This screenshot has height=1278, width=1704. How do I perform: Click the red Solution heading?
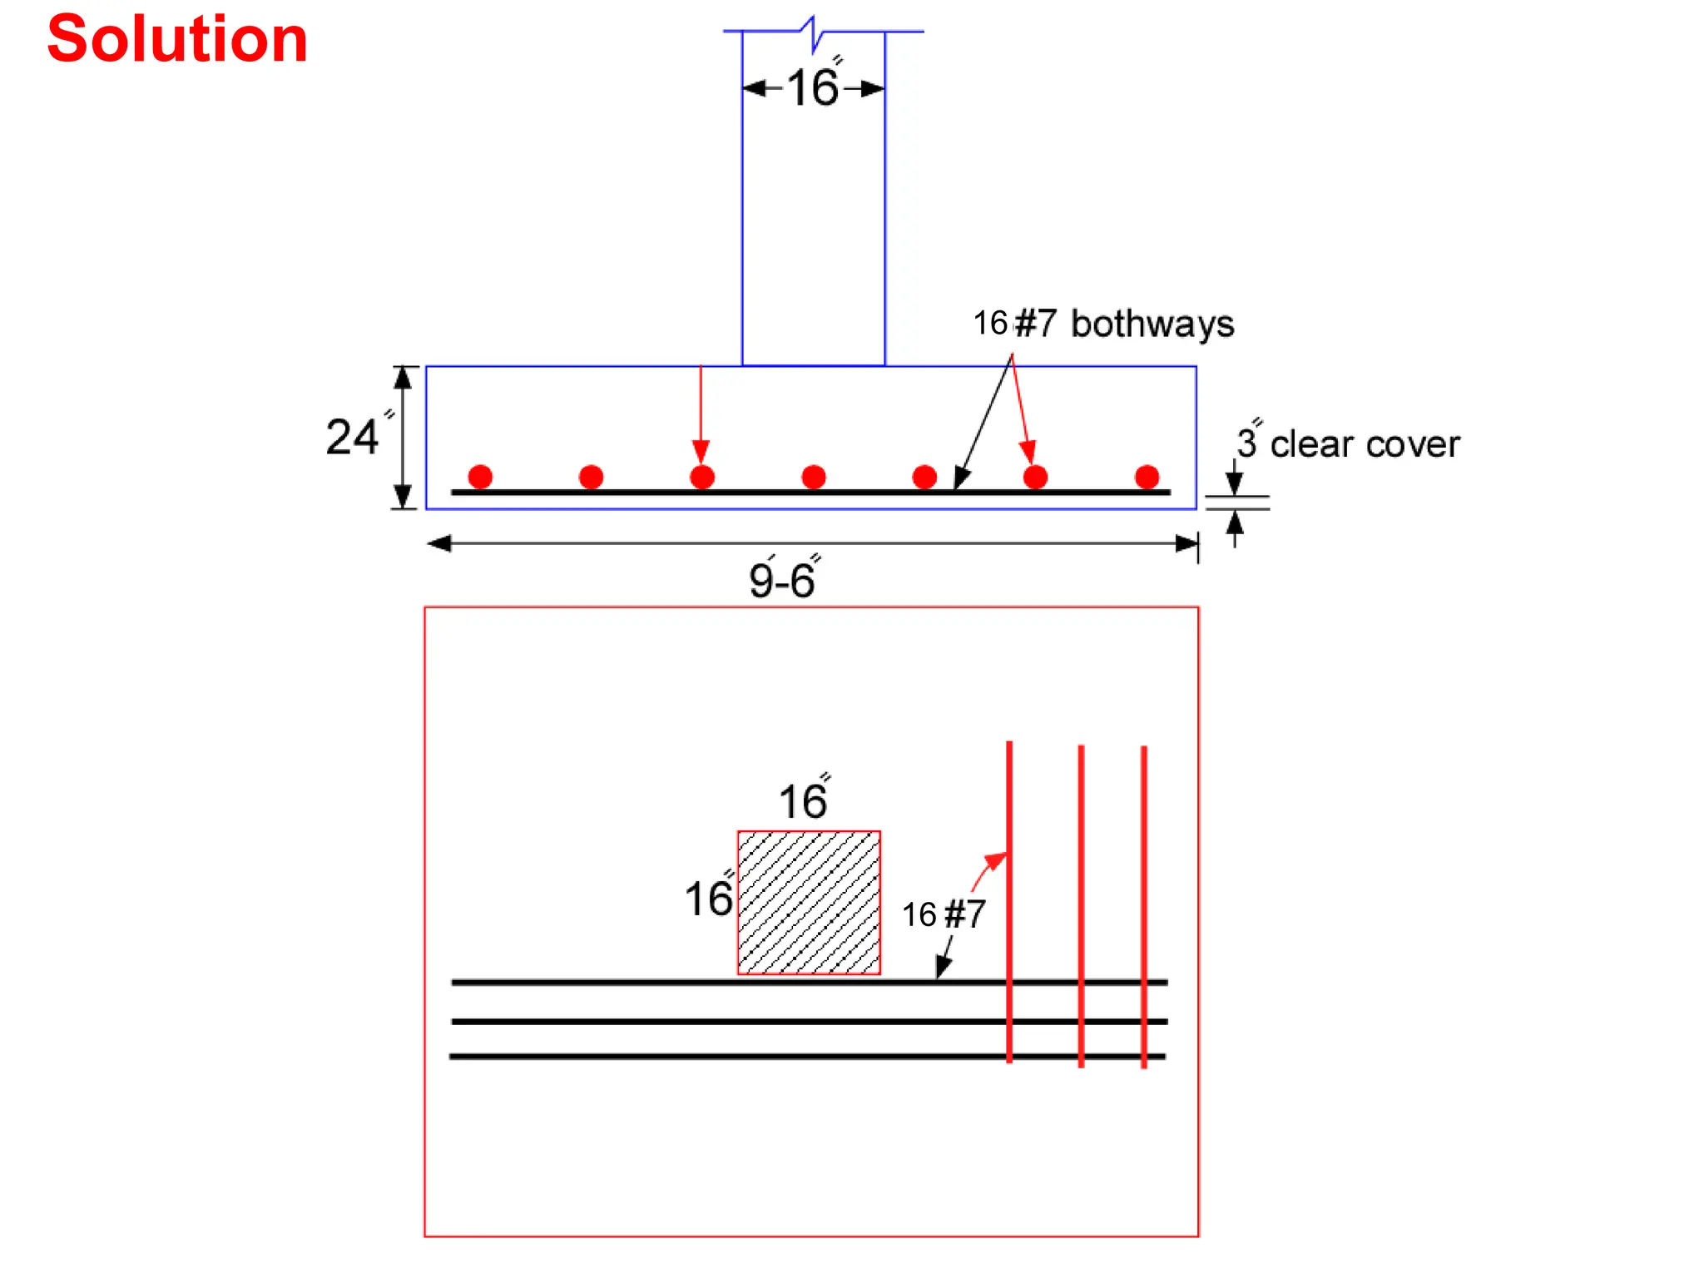pos(177,40)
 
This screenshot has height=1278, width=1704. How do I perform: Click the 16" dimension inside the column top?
pos(814,87)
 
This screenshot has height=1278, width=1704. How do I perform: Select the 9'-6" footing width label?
pos(782,579)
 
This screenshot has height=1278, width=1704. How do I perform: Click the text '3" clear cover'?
pos(1348,443)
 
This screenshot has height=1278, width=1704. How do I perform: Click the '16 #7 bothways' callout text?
pos(1104,324)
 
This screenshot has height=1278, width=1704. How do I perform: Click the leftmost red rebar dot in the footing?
pos(480,477)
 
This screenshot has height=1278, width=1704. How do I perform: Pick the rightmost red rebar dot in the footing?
pos(1147,477)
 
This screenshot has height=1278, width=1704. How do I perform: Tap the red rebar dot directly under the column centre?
pos(814,477)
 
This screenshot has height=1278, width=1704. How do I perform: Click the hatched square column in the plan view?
pos(809,903)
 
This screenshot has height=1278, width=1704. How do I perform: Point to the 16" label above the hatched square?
pos(804,800)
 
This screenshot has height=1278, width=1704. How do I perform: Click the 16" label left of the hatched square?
pos(709,899)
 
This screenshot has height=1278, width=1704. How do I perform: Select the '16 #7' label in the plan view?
pos(944,915)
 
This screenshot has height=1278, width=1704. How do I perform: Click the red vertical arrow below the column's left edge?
pos(701,416)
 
